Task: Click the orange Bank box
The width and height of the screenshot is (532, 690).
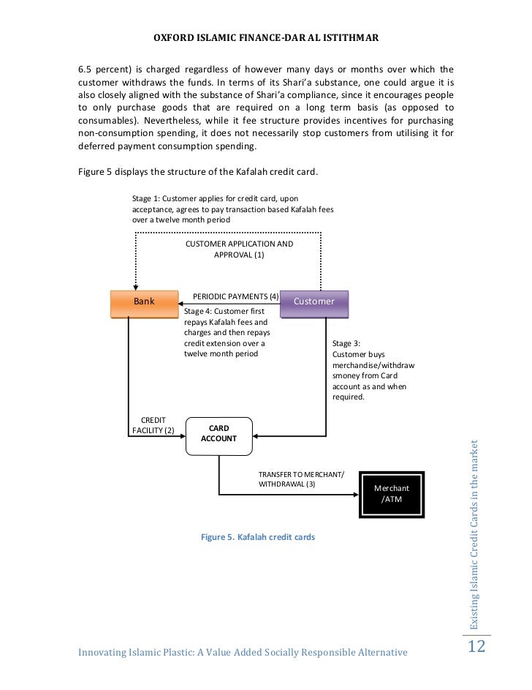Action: (x=143, y=303)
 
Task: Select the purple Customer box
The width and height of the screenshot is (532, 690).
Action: (x=314, y=303)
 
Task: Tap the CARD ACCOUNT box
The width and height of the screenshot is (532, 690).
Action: (x=218, y=433)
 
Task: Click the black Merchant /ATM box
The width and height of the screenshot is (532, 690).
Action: (x=391, y=494)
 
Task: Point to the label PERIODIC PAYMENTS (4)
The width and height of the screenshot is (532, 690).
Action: (x=235, y=296)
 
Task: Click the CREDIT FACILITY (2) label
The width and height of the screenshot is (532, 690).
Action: (x=153, y=425)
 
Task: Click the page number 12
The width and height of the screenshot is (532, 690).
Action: (x=476, y=646)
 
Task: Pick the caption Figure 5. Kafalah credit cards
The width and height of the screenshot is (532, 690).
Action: (x=257, y=537)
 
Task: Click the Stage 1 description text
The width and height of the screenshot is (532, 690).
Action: (x=233, y=209)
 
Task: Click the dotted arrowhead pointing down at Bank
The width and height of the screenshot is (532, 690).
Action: (x=135, y=287)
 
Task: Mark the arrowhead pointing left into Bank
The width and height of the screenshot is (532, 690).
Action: (x=180, y=301)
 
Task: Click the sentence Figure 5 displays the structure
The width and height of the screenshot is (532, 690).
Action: (x=198, y=173)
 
